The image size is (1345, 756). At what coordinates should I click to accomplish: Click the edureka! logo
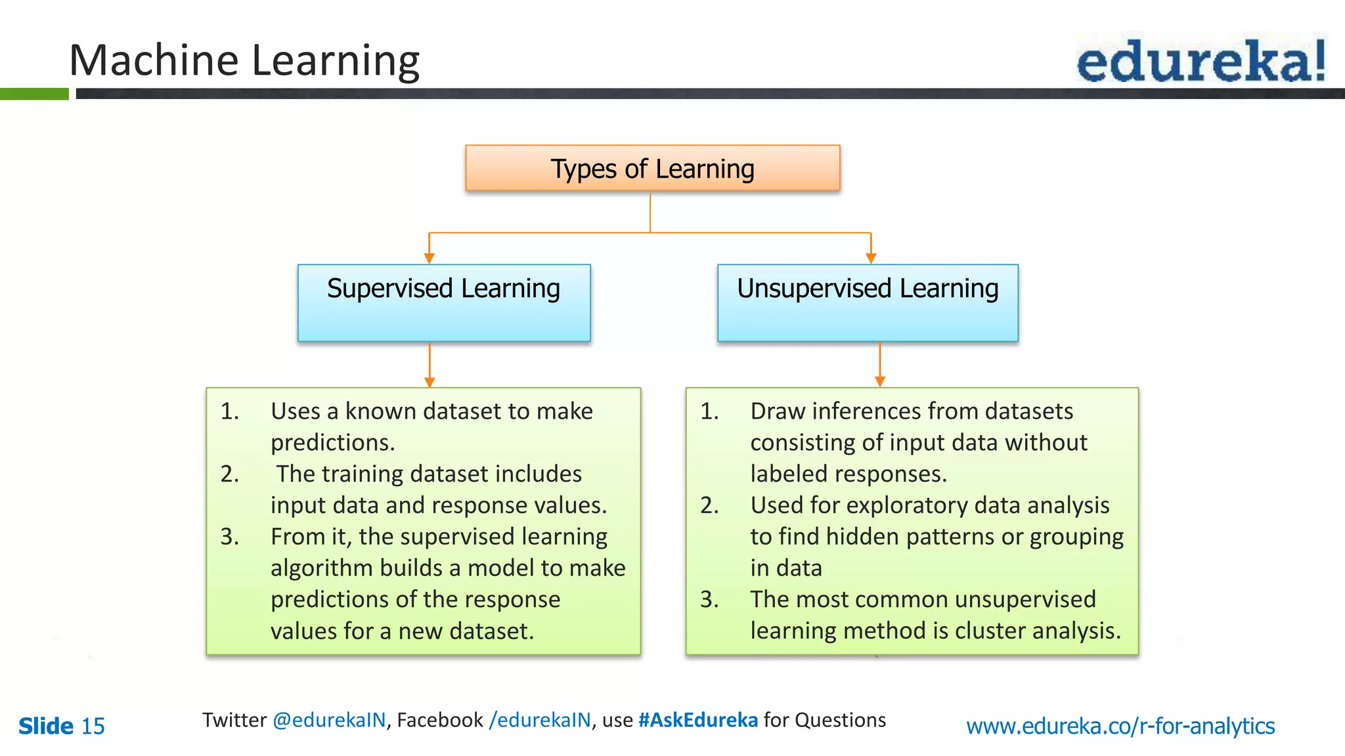coord(1201,60)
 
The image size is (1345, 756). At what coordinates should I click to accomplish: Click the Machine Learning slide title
coord(244,60)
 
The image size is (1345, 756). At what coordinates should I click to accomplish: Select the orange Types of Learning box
coord(652,169)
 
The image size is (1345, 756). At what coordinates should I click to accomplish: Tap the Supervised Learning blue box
coord(444,303)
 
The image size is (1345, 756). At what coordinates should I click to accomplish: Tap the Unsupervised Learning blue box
coord(868,303)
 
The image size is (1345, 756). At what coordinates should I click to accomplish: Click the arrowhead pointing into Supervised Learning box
coord(430,259)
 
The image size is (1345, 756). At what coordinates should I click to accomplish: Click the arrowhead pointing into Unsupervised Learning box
coord(871,259)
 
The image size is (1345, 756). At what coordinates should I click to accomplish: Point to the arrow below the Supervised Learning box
coord(430,365)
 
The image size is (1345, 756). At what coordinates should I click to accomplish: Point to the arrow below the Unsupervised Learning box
coord(880,365)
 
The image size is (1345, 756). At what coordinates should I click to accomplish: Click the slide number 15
coord(93,726)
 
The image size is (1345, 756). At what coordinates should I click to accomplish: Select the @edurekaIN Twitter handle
coord(329,720)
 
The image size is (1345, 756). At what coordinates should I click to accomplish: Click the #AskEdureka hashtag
coord(697,720)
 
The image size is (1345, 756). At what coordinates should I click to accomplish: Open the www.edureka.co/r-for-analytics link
coord(1120,726)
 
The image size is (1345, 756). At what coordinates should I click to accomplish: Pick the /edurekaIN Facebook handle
coord(540,720)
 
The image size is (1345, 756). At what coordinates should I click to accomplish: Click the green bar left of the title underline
coord(34,94)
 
